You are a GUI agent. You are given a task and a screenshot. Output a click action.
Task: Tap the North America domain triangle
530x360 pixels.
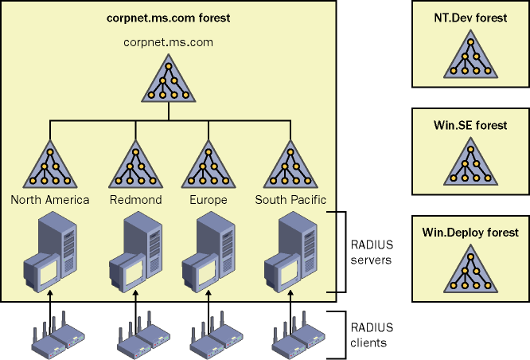tap(50, 166)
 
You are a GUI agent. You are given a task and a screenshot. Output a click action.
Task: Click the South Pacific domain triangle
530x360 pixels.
tap(288, 166)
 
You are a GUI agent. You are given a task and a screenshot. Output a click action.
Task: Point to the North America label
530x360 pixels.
tap(50, 200)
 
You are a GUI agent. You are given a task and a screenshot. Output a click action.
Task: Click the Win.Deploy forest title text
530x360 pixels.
tap(470, 233)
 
